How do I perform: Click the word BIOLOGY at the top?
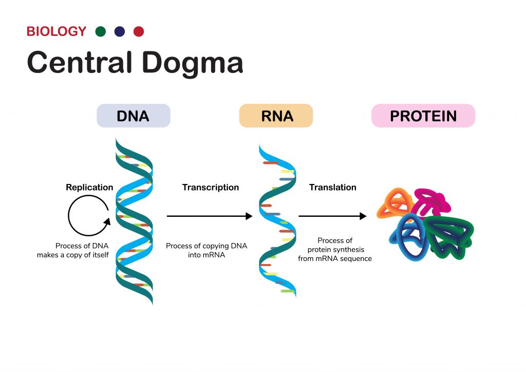57,31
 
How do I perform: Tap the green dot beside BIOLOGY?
101,31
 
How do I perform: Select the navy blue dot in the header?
120,31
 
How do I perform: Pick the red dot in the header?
139,31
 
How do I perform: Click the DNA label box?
133,116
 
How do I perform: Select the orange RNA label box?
276,116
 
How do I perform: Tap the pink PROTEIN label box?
423,116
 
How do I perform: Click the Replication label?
89,188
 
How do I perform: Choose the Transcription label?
211,188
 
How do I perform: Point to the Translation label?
333,188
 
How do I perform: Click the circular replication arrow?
88,216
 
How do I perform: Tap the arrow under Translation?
332,216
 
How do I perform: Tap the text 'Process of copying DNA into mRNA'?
206,250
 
